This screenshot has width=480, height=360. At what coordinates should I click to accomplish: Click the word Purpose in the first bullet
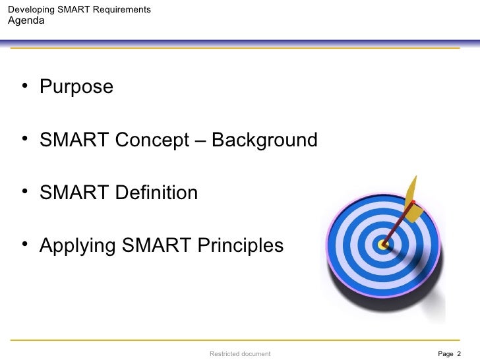coord(76,87)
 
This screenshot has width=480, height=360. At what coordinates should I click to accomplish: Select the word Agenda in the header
coord(26,20)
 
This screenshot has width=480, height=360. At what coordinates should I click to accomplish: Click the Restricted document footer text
coord(240,354)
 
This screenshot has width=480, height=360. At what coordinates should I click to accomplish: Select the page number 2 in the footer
coord(458,354)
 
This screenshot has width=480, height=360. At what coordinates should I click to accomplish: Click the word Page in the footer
coord(445,354)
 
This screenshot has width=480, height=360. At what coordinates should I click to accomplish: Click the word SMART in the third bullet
coord(75,193)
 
